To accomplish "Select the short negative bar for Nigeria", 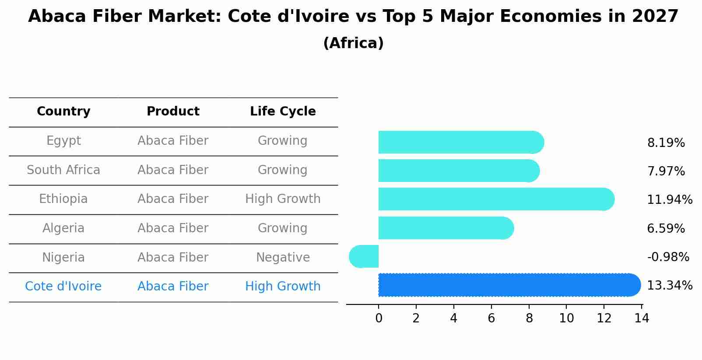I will (364, 257).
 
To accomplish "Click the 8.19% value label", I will (666, 143).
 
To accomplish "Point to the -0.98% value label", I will (668, 257).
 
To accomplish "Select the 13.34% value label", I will (669, 286).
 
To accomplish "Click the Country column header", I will (63, 112).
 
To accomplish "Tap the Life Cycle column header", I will (283, 112).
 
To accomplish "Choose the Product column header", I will (173, 112).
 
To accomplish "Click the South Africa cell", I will (63, 170).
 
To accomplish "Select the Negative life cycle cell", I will (283, 258).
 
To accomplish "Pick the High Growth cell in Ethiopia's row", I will (283, 199).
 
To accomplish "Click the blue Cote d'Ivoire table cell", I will (63, 287).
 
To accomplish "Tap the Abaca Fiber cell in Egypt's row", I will (173, 141).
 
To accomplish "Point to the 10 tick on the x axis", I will (566, 318).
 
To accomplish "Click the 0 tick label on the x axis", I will (379, 318).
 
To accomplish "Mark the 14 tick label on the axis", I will (642, 318).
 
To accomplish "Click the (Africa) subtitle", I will (353, 43).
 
